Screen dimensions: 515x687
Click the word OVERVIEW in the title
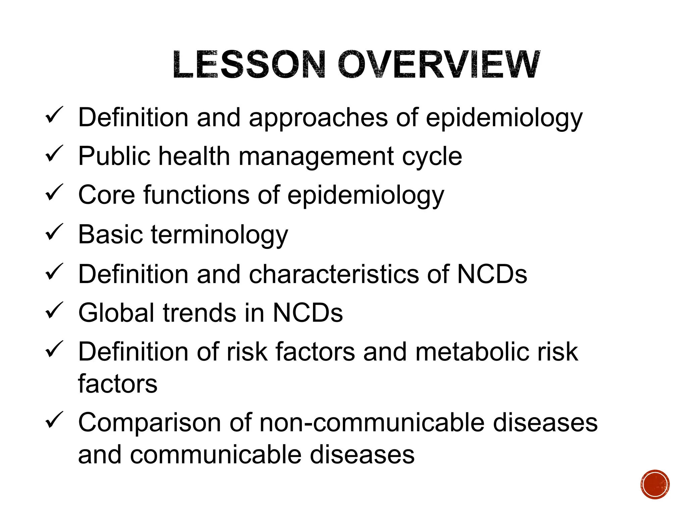438,64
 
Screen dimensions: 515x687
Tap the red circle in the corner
655,484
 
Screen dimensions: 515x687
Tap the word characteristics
334,274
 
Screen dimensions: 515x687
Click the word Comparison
149,423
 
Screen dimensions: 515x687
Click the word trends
200,313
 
